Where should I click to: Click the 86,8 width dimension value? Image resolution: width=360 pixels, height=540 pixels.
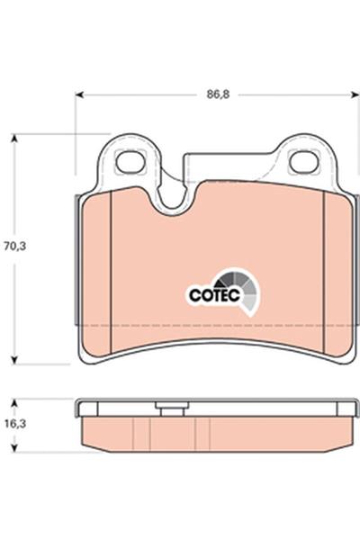pos(218,94)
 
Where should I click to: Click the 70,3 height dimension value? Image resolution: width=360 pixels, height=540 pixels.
pos(14,247)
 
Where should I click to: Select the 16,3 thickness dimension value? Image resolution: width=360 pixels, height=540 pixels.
pos(14,424)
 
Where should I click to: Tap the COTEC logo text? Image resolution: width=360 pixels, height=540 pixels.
pos(214,295)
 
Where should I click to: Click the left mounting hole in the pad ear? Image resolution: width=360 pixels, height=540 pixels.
pos(130,163)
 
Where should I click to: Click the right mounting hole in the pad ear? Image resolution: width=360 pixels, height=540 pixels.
pos(303,162)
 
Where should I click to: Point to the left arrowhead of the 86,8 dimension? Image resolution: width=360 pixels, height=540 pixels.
pos(79,94)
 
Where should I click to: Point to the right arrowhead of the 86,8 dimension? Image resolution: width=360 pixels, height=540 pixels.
pos(355,94)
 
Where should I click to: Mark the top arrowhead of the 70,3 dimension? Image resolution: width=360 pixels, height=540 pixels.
pos(14,138)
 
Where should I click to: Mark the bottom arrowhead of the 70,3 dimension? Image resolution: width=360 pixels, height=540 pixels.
pos(14,360)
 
